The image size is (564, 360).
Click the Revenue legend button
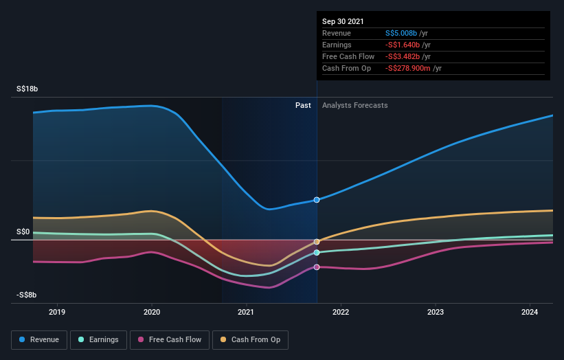coord(40,339)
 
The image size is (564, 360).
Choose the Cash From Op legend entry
coord(250,339)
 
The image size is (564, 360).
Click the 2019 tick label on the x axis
coord(57,312)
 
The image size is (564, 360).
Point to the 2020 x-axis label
coord(152,312)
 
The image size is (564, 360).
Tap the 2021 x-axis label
coord(246,312)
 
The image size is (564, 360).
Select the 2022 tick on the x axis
coord(341,312)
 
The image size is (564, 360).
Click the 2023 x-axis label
coord(435,312)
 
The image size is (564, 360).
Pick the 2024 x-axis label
coord(530,312)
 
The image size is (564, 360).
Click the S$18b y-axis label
coord(27,89)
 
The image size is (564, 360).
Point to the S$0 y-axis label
coord(23,232)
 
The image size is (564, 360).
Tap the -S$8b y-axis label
coord(27,295)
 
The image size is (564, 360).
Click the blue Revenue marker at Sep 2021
coord(317,200)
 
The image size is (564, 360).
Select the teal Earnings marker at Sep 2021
coord(317,252)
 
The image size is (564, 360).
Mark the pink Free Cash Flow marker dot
coord(317,267)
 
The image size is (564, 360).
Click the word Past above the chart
coord(303,106)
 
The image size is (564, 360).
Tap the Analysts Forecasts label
coord(354,106)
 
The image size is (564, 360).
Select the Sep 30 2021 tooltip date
coord(343,21)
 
